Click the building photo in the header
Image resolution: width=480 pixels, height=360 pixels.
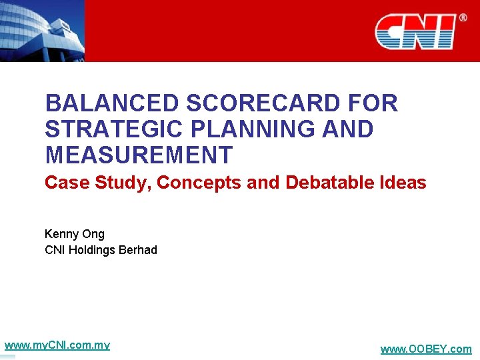(x=41, y=30)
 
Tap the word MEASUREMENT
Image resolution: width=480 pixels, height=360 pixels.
(x=138, y=155)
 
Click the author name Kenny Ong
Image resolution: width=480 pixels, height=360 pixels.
(x=75, y=234)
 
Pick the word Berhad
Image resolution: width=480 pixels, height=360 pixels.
(x=138, y=250)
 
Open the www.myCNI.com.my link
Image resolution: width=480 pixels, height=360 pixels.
(x=57, y=345)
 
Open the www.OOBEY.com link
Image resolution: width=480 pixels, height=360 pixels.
(x=425, y=349)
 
